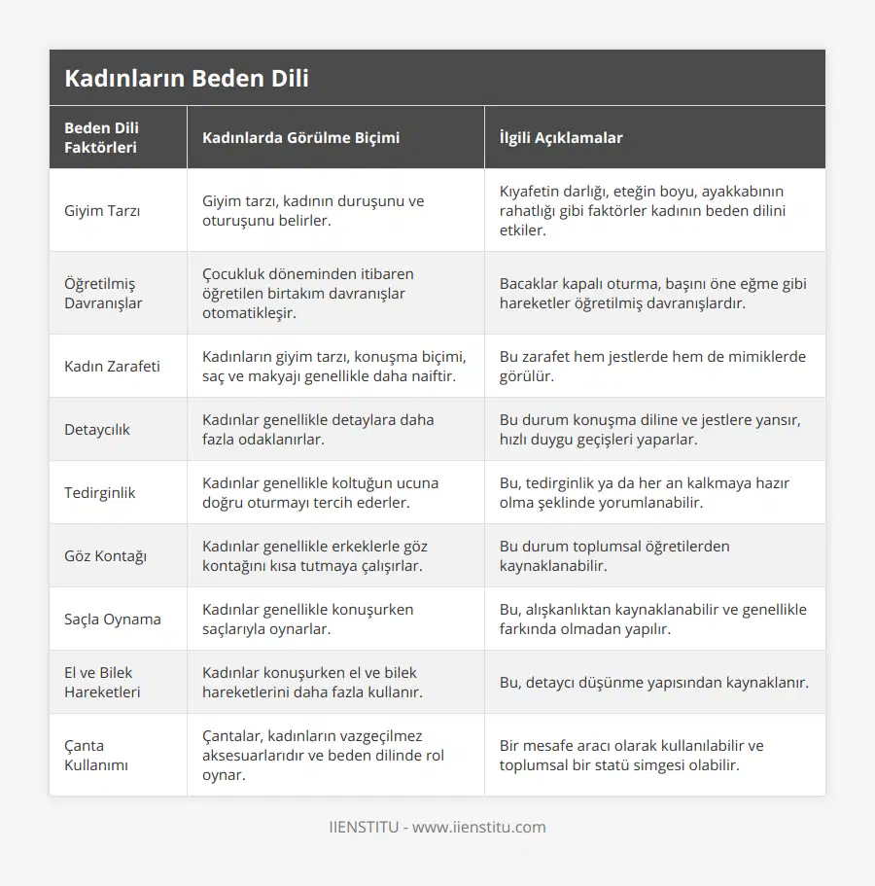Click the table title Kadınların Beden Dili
tap(187, 78)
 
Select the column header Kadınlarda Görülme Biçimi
tap(300, 137)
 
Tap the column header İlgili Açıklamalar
tap(560, 137)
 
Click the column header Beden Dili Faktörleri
tap(101, 137)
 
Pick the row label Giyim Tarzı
tap(101, 211)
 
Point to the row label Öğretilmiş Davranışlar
tap(103, 293)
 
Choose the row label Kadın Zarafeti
tap(112, 366)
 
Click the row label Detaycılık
tap(97, 429)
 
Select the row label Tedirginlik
tap(100, 492)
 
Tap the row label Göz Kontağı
tap(105, 555)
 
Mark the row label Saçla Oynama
tap(113, 619)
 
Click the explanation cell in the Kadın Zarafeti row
tap(652, 366)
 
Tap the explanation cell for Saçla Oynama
tap(652, 619)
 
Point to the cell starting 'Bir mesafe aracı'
tap(631, 755)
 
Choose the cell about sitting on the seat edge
tap(320, 492)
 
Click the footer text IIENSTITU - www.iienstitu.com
tap(437, 827)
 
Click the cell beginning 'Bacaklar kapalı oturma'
tap(652, 293)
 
